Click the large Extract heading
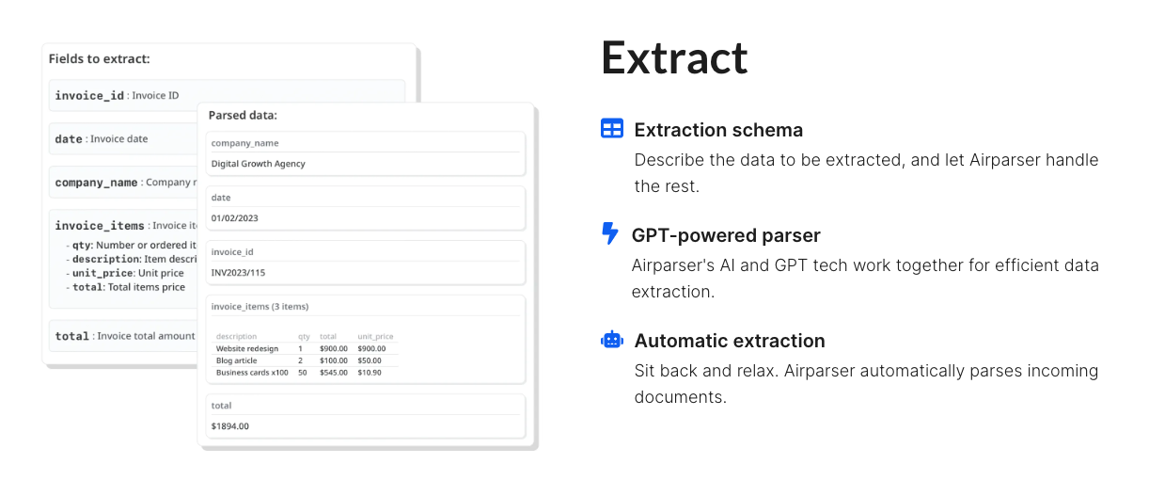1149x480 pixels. [x=674, y=57]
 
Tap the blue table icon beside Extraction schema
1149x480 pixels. [x=612, y=128]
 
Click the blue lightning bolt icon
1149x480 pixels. [x=610, y=233]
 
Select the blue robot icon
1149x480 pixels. [x=612, y=340]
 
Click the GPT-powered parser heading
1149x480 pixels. [x=726, y=235]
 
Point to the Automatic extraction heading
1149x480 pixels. [x=730, y=341]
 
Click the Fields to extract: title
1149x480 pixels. [x=99, y=58]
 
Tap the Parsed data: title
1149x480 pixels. [x=243, y=115]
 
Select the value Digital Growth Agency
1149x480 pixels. [x=258, y=164]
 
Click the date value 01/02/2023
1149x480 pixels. [x=234, y=218]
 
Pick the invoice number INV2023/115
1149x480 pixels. [x=238, y=273]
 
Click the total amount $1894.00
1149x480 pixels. [x=229, y=426]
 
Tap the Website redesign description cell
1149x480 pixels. [x=247, y=348]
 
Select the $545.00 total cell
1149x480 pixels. [x=334, y=373]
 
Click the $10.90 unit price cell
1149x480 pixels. [x=370, y=373]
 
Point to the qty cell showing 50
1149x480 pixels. [x=303, y=373]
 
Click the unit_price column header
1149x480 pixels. [x=375, y=336]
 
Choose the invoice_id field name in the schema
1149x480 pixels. [x=89, y=95]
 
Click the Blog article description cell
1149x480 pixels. [x=236, y=360]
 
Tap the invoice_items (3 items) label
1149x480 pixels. [x=260, y=307]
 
